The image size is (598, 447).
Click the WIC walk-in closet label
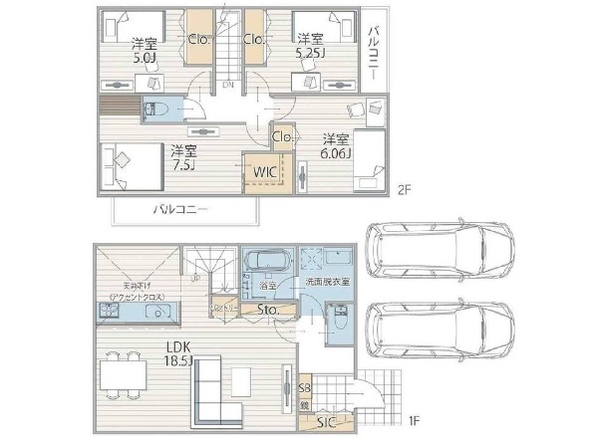(265, 171)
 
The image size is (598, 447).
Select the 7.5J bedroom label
(182, 157)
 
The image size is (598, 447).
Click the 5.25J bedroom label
(309, 46)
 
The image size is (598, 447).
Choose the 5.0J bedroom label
(146, 50)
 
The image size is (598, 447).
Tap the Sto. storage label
(267, 311)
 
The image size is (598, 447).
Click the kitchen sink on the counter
(157, 312)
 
